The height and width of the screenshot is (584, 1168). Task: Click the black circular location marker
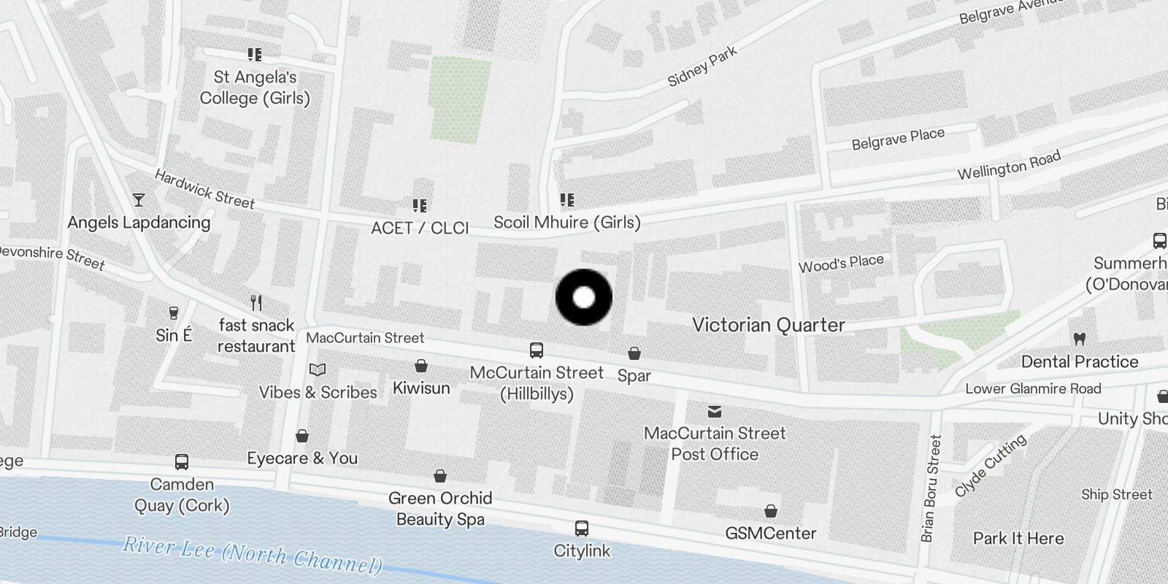(x=583, y=297)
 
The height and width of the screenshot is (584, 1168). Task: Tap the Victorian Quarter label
(x=768, y=325)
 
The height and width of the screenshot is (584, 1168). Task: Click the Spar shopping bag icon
(x=634, y=354)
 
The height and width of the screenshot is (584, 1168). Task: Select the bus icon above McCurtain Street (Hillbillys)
(x=537, y=350)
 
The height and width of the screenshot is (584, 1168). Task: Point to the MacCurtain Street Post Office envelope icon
(x=715, y=412)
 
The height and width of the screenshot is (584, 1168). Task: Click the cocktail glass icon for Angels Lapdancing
(x=139, y=200)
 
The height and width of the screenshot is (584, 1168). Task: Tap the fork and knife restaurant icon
(x=256, y=303)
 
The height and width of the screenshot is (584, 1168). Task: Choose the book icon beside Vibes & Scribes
(x=318, y=369)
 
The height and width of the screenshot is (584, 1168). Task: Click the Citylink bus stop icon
(x=582, y=529)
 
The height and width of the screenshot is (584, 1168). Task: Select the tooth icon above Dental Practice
(x=1080, y=339)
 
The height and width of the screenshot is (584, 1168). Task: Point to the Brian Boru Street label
(x=932, y=488)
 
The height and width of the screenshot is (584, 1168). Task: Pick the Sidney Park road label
(x=702, y=66)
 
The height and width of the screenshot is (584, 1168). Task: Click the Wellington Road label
(x=1009, y=166)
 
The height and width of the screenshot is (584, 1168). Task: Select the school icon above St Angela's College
(x=255, y=55)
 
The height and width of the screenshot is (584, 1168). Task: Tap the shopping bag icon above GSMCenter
(x=770, y=511)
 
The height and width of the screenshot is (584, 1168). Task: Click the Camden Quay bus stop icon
(x=182, y=462)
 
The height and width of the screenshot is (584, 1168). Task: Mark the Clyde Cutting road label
(x=991, y=464)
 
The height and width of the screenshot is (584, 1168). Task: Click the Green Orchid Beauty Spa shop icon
(x=440, y=477)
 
